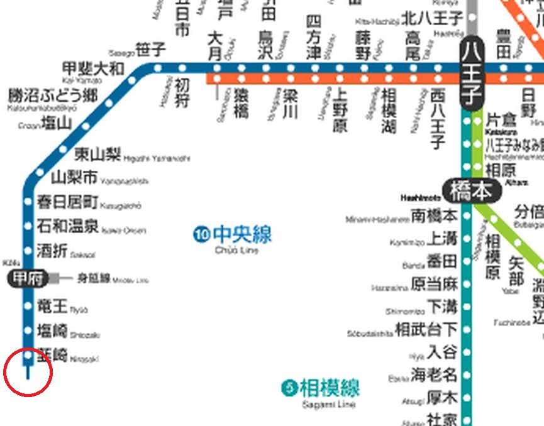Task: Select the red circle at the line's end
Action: (x=28, y=372)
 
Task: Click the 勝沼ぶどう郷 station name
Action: (x=53, y=96)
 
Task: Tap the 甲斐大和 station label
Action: (x=94, y=68)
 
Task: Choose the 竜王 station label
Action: (x=52, y=307)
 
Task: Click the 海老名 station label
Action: (x=434, y=376)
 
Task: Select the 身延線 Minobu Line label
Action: (x=93, y=278)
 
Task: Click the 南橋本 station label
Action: (x=434, y=216)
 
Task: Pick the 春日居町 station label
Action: (x=67, y=202)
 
